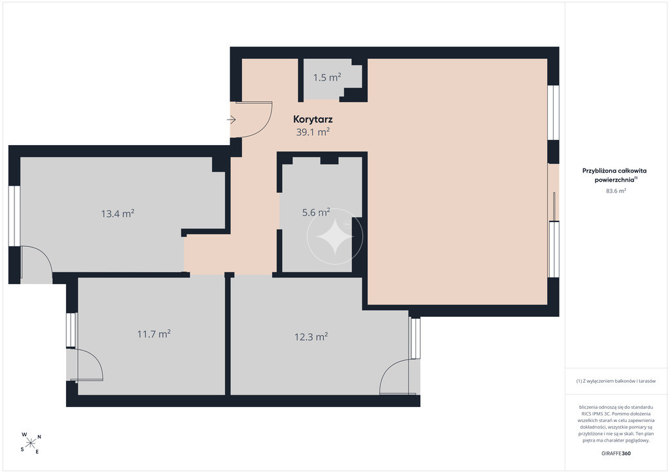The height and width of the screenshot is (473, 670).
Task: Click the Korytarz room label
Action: (x=313, y=120)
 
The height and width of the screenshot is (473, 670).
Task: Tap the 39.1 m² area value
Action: (x=313, y=132)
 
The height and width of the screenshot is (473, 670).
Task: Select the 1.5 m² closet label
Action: (x=327, y=77)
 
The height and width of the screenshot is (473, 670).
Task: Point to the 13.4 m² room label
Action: (x=118, y=213)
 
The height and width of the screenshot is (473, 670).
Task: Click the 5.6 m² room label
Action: (x=316, y=212)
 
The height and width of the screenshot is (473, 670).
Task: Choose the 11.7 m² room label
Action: (x=154, y=334)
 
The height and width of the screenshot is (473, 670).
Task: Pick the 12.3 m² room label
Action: (x=311, y=336)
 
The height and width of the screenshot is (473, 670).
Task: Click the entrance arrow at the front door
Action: (x=231, y=120)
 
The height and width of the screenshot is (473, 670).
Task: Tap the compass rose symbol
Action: (x=30, y=443)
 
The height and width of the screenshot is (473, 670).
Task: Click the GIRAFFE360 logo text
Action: (x=616, y=453)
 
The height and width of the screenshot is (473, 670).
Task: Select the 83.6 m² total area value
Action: (x=616, y=191)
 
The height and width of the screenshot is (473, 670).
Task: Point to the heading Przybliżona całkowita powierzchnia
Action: (x=614, y=175)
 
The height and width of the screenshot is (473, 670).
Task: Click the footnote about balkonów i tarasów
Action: (x=616, y=381)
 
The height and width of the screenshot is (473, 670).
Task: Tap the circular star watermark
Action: (x=335, y=236)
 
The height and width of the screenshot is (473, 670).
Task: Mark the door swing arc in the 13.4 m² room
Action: (x=43, y=255)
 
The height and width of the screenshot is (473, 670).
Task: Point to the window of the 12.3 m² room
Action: (x=415, y=338)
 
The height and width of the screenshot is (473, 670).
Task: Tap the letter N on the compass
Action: (x=39, y=437)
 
